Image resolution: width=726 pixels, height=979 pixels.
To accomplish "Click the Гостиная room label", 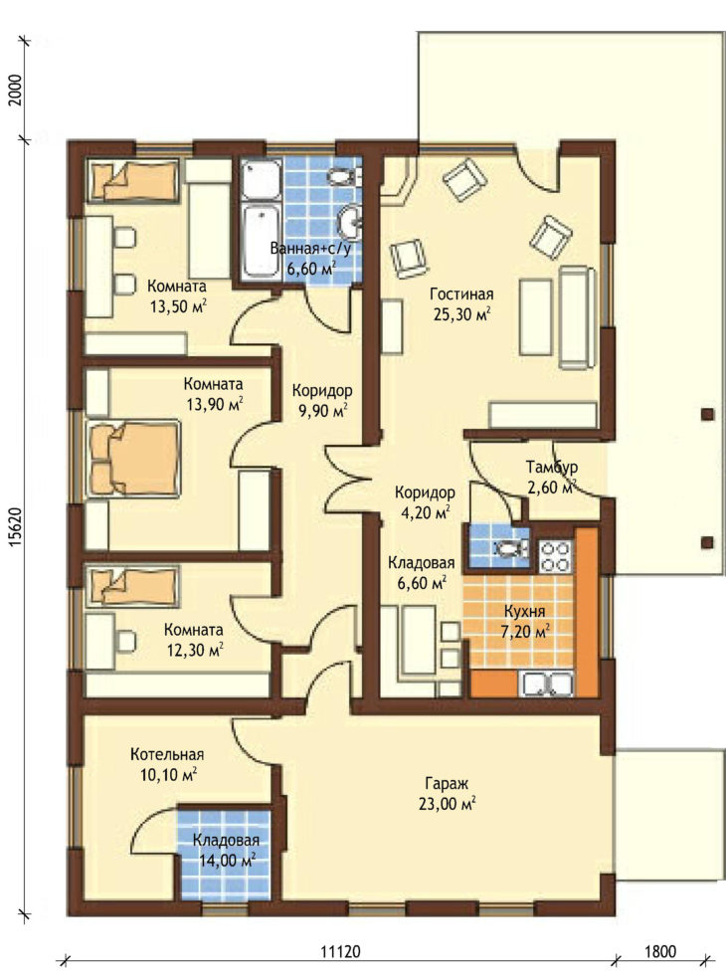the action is coord(461,294).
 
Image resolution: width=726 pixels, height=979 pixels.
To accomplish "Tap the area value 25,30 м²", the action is coord(461,314).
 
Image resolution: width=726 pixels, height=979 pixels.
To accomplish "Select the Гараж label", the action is coord(447,783).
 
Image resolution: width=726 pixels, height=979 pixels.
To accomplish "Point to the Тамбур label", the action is coord(551,467).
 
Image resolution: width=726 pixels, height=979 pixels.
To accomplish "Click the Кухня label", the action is coord(524,611).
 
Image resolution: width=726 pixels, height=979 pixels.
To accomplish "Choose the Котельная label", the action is coord(167,754).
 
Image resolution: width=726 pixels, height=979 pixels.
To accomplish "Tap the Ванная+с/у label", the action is coord(310,249).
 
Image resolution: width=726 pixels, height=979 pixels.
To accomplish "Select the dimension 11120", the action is coord(341,951).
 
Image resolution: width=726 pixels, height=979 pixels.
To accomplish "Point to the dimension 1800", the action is coord(660,951).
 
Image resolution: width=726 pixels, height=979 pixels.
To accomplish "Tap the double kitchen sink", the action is coord(549,684).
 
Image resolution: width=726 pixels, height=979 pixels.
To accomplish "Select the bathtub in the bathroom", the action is coord(261,241).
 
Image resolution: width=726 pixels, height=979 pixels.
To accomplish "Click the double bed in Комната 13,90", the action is coord(134,459).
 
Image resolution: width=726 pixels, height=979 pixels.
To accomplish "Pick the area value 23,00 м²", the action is coord(447,804).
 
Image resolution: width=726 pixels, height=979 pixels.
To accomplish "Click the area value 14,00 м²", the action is coord(226,861).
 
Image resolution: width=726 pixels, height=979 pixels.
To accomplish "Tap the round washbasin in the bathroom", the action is coord(350,222).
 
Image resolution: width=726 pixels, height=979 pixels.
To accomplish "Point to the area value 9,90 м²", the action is coord(322,411).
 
